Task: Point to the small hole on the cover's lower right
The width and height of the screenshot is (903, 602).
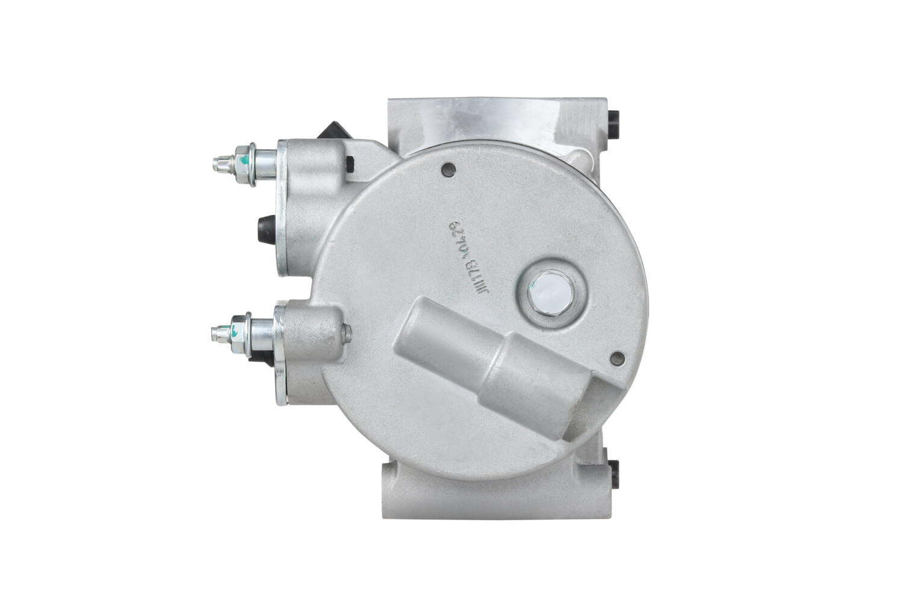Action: coord(614,360)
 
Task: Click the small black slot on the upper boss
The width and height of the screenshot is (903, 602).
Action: coord(349,163)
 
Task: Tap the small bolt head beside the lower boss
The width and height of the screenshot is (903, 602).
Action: coord(346,330)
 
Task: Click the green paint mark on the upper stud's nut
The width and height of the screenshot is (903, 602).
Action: coord(241,162)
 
